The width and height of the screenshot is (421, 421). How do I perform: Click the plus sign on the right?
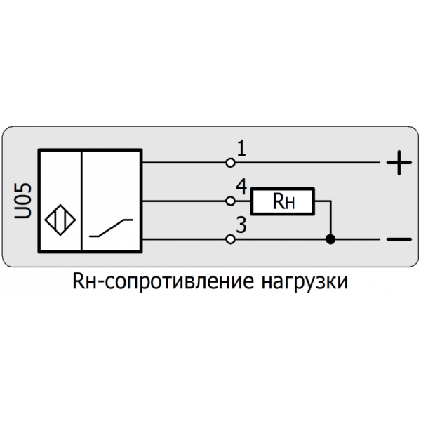[x=398, y=163]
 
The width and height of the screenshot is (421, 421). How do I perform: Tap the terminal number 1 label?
[x=241, y=148]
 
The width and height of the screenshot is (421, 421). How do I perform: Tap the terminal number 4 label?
[x=241, y=187]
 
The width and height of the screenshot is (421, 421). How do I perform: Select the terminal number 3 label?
[x=241, y=226]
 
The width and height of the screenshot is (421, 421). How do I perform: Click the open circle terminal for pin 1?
[x=230, y=163]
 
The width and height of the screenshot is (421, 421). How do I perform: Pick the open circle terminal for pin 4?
[x=230, y=201]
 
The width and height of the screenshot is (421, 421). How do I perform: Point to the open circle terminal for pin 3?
[x=230, y=240]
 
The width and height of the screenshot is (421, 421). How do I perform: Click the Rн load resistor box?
[x=283, y=202]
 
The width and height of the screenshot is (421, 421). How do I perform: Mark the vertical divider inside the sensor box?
[x=83, y=201]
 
